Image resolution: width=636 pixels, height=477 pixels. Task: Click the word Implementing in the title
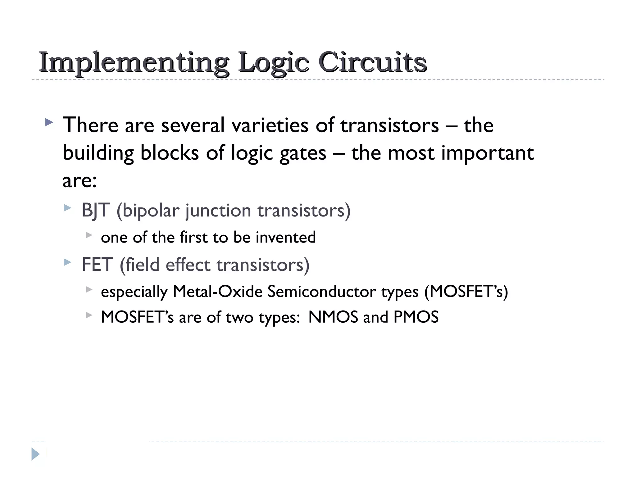(x=134, y=63)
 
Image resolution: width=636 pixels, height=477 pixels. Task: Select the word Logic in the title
(x=274, y=63)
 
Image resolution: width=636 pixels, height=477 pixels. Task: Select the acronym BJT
(x=96, y=211)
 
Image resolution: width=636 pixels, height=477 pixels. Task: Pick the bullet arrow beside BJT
(x=67, y=208)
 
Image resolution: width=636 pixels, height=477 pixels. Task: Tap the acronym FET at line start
(x=97, y=265)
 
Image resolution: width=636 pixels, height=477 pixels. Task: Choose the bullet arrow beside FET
(x=67, y=262)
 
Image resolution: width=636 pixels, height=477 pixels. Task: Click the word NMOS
(x=333, y=317)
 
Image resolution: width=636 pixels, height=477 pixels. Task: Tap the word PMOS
(x=416, y=317)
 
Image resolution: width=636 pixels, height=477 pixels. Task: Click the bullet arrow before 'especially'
(x=89, y=289)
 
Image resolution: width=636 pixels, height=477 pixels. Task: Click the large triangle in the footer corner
(x=35, y=454)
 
